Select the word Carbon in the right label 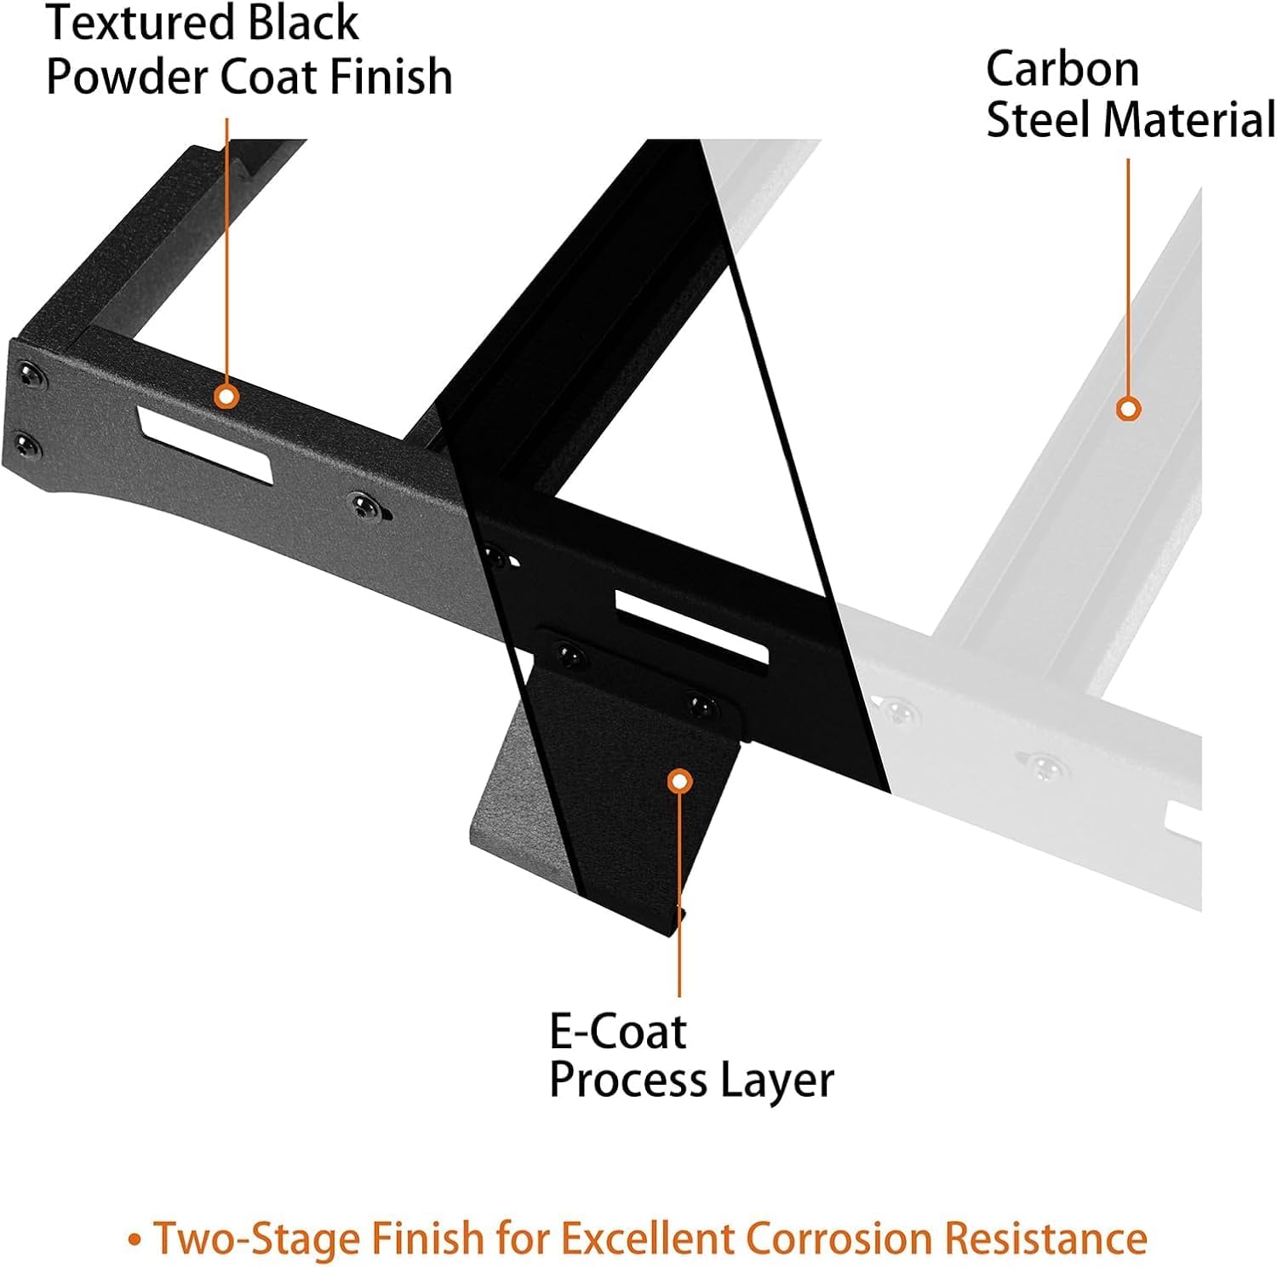(1062, 69)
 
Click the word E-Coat (617, 1032)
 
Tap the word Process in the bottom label (628, 1081)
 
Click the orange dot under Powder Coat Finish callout (226, 396)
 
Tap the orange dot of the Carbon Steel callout (1128, 410)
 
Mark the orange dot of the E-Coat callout (679, 781)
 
